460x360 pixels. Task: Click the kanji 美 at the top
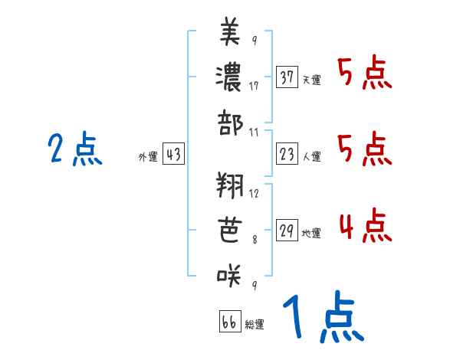230,32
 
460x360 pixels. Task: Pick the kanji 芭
230,228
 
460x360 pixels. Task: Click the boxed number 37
287,77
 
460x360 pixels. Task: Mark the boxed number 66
229,322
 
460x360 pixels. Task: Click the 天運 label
311,80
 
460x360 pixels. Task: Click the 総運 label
255,324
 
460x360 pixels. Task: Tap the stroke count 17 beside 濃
253,86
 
